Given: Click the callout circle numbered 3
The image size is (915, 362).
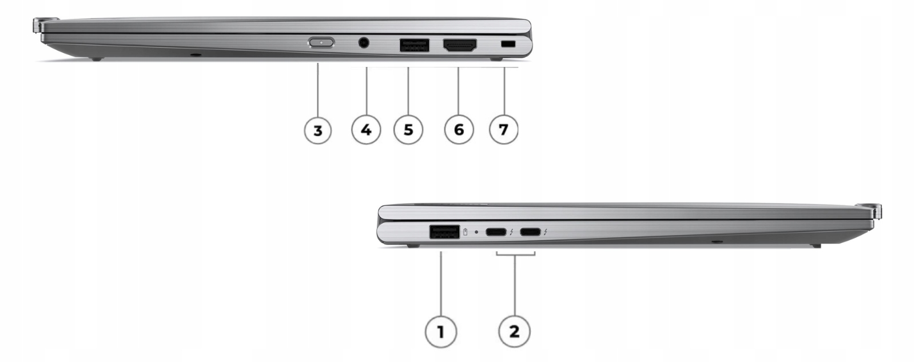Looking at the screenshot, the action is click(x=318, y=130).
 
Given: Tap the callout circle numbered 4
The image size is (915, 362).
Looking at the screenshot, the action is click(x=366, y=130).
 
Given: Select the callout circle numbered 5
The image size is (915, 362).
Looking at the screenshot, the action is click(x=408, y=130).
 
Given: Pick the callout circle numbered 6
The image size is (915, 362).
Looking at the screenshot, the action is click(x=459, y=130).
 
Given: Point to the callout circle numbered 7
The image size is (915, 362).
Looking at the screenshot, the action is click(x=504, y=130).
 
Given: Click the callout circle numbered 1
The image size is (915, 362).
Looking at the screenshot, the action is click(x=441, y=331).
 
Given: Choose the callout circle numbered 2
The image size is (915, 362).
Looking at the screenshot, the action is click(x=514, y=331).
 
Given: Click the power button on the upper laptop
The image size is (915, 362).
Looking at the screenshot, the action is click(x=321, y=42).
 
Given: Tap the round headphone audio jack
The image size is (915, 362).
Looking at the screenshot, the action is click(x=364, y=42).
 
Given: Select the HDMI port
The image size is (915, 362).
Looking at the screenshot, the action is click(x=460, y=45).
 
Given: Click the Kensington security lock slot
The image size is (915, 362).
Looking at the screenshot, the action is click(x=508, y=43).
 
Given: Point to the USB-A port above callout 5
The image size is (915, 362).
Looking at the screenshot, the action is click(x=415, y=45).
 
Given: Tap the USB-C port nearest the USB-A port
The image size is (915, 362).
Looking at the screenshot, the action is click(x=496, y=232).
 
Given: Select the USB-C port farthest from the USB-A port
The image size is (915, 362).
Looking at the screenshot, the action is click(x=530, y=232).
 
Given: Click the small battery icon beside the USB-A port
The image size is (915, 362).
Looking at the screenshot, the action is click(x=466, y=232).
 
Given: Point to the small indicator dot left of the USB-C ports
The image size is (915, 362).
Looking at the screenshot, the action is click(x=476, y=232).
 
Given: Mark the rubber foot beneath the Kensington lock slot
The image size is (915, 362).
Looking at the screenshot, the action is click(x=496, y=59).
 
